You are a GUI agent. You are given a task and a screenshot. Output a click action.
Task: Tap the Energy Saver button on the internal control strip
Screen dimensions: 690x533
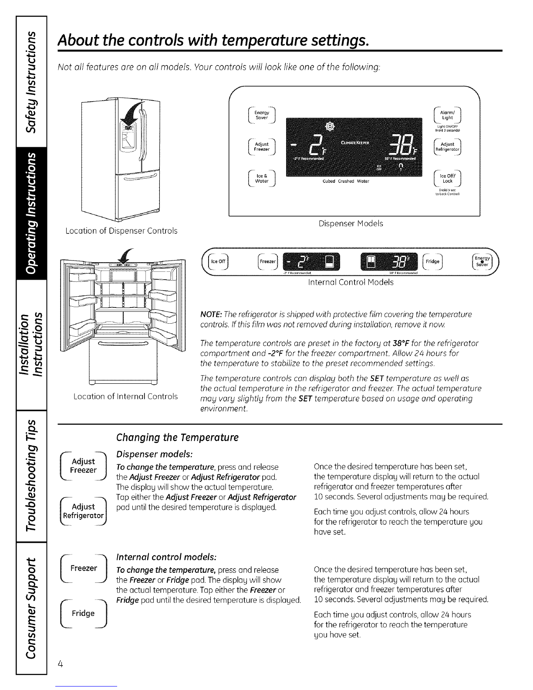point(481,262)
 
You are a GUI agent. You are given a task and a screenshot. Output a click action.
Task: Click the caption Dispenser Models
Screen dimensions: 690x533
point(351,223)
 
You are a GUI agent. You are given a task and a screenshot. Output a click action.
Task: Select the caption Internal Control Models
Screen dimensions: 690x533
point(351,282)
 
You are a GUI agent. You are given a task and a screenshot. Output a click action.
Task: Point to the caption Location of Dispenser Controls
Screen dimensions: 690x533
point(121,231)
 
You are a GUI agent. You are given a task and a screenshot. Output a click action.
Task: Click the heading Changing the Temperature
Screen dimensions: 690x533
point(177,437)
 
